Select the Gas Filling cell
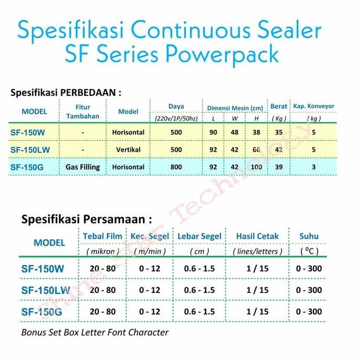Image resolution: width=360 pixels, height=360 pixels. pos(83,167)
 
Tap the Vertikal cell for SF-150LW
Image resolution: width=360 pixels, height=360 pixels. pos(128,150)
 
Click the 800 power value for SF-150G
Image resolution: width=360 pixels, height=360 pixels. pos(176,167)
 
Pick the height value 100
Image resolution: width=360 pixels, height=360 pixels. pos(256,167)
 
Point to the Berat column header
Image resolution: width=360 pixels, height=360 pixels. pos(278,107)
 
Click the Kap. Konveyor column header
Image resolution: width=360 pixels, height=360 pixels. pos(313,106)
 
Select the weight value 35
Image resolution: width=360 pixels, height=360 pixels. pos(278,132)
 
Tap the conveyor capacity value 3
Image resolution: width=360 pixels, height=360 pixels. pos(313,167)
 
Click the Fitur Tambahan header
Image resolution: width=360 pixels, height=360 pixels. pos(83,111)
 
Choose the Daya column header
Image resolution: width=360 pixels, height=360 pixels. pos(176,106)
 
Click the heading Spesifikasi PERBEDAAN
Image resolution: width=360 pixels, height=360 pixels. pos(66,93)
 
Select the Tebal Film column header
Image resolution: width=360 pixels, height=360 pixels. pos(103,236)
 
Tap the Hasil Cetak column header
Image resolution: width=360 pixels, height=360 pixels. pos(257,236)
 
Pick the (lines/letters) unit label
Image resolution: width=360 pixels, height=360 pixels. pos(257,251)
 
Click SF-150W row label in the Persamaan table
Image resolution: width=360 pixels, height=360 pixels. pos(43,269)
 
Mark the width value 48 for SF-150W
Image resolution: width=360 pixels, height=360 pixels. pos(235,132)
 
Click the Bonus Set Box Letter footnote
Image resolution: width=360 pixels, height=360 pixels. pos(95,332)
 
